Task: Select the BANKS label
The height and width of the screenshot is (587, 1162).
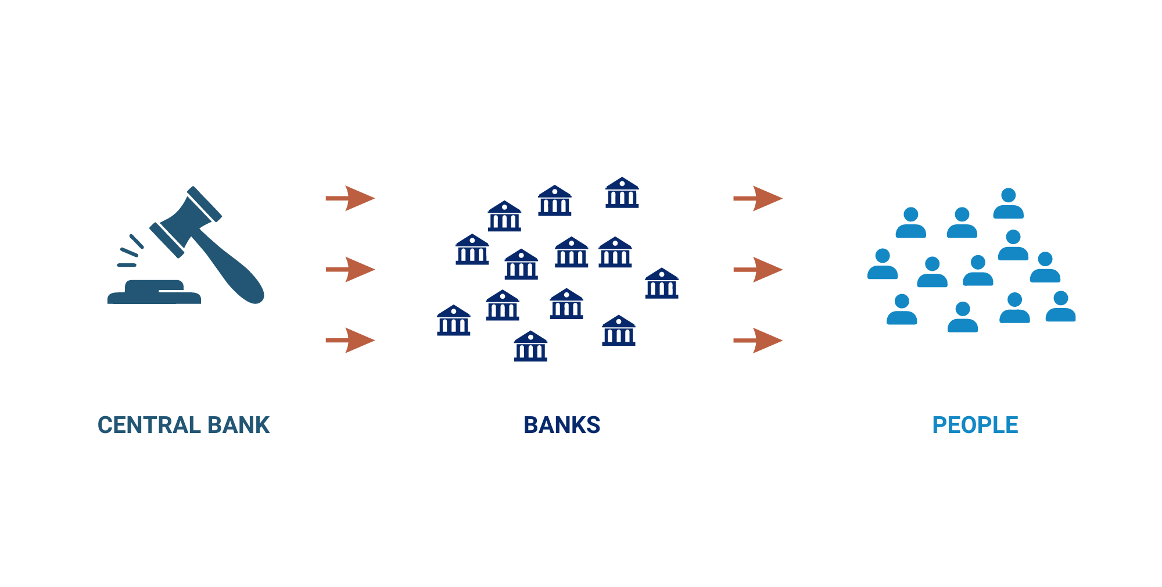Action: coord(562,425)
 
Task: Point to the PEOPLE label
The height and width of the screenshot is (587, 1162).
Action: coord(975,425)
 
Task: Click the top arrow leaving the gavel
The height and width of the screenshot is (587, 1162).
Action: coord(350,198)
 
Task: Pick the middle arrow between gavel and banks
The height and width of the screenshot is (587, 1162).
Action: coord(350,270)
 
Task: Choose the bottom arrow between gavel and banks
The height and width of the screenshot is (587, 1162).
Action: coord(350,341)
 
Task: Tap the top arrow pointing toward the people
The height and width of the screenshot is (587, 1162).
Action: coord(758,198)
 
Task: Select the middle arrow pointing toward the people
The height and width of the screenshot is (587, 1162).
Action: coord(758,270)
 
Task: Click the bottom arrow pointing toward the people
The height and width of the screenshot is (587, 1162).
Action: coord(758,341)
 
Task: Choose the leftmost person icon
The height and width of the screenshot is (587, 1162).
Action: coord(883,264)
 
